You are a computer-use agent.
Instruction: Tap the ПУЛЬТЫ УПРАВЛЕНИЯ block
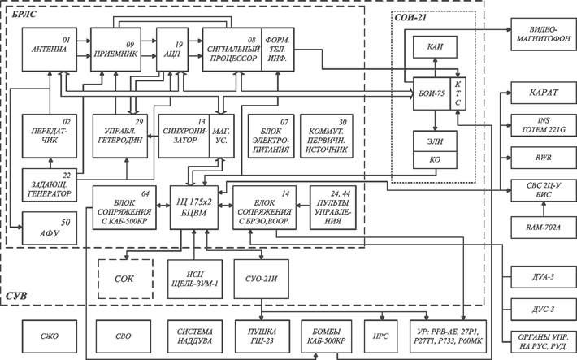(332, 206)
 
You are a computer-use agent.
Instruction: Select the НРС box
(378, 334)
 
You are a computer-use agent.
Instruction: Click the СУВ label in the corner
(16, 295)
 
